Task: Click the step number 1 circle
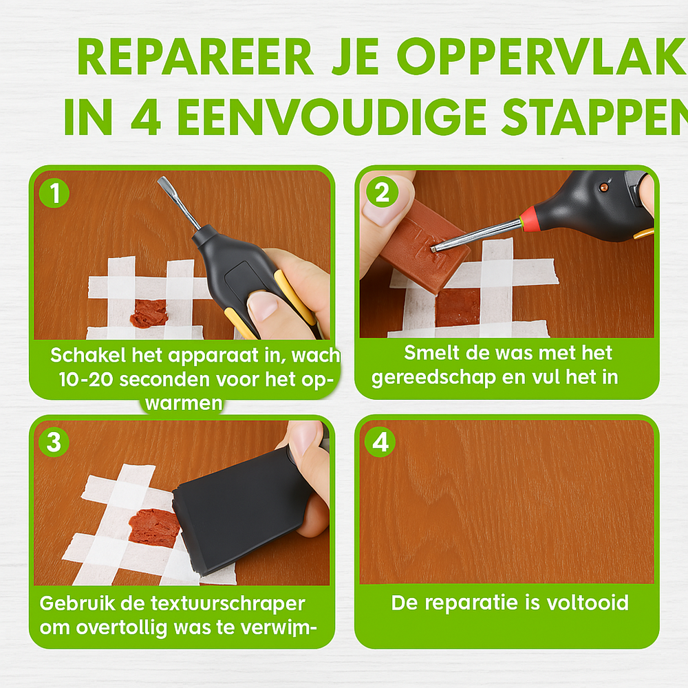point(54,193)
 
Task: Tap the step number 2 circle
point(382,192)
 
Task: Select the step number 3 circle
point(54,442)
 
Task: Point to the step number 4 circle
point(380,442)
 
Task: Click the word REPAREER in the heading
point(195,57)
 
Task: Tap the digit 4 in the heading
point(146,117)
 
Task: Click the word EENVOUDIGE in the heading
point(332,117)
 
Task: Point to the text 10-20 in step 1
point(86,379)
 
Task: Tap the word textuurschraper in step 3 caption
point(228,604)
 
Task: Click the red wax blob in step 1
point(149,314)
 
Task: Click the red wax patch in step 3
point(154,528)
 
